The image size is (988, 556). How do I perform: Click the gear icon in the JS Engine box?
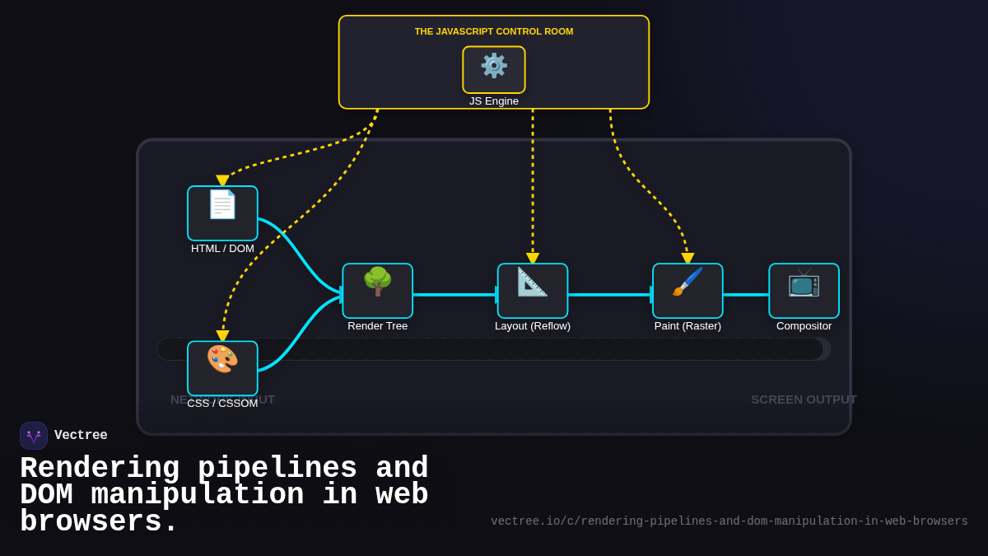494,66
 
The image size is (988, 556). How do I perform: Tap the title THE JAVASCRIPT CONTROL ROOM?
494,31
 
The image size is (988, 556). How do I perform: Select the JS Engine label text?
494,101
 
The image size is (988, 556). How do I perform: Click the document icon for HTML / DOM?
222,204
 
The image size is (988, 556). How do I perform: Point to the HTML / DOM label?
222,249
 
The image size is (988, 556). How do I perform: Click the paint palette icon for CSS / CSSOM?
222,359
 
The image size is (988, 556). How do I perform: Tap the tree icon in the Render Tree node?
377,282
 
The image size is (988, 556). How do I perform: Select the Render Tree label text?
377,326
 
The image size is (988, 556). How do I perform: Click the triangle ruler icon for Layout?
533,282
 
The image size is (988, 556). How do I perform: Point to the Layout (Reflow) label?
533,326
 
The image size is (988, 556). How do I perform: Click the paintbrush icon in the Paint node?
687,282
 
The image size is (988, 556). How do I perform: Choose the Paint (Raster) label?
687,326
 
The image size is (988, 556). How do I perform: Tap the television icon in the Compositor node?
804,283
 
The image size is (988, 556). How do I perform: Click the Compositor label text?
804,326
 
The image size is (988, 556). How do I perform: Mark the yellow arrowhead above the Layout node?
533,259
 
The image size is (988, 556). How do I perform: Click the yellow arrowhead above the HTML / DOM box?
222,180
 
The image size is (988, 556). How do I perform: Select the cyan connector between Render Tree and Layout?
454,294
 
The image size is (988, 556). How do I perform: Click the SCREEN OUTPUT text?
804,399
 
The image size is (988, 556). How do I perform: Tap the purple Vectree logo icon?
34,436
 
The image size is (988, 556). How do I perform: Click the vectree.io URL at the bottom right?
729,521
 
